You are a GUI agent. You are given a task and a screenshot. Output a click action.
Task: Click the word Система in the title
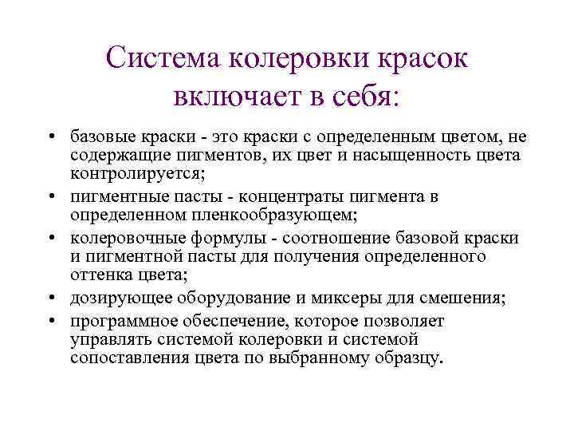click(x=163, y=57)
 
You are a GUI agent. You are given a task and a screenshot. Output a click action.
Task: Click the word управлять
click(x=105, y=341)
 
